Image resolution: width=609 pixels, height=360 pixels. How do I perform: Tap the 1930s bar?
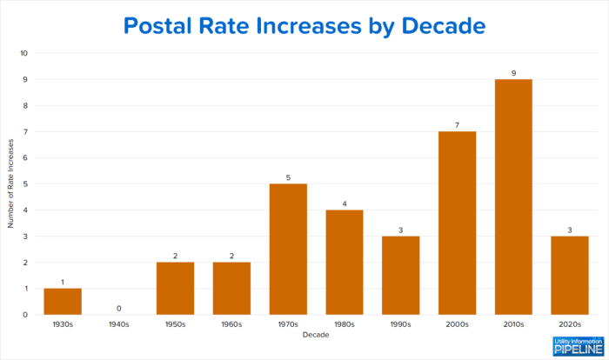click(63, 301)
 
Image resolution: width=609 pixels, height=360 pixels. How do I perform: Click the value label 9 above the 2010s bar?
click(513, 73)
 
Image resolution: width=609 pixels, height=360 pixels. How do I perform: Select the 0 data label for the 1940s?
click(119, 308)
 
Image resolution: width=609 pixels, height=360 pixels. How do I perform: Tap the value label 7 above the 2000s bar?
click(457, 125)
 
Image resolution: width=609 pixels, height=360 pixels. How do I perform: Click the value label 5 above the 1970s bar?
click(288, 177)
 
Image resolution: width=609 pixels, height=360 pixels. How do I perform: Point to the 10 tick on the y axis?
click(24, 53)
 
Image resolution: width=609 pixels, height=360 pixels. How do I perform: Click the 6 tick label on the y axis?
click(25, 157)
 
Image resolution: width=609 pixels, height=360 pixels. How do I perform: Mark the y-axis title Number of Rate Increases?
click(11, 183)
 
